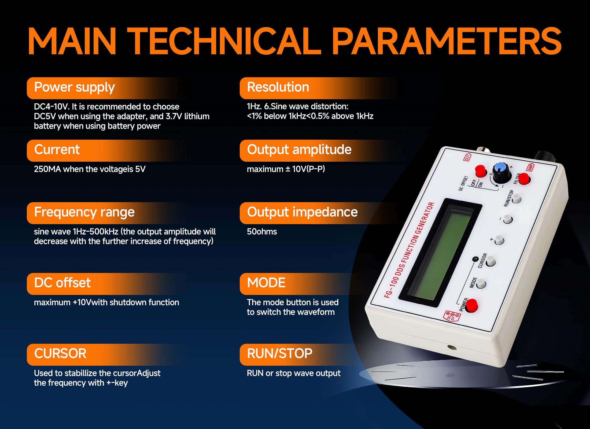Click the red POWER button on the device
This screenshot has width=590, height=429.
pos(471,306)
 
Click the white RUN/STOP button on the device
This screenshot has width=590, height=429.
pos(516,199)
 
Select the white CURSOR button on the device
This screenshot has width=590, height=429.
pos(491,261)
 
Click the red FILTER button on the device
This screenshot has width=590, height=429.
pos(524,179)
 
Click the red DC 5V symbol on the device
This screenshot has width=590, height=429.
pos(452,316)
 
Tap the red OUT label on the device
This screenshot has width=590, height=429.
pos(467,157)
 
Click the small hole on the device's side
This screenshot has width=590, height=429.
pos(452,348)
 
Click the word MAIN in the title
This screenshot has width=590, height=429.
pos(72,42)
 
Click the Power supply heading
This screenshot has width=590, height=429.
pos(74,87)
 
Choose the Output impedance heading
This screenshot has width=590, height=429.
pos(302,212)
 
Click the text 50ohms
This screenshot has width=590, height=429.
pos(262,232)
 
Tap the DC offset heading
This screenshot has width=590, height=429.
pos(62,283)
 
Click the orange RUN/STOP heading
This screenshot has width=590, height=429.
pos(280,353)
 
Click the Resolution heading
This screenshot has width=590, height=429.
pos(278,87)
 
